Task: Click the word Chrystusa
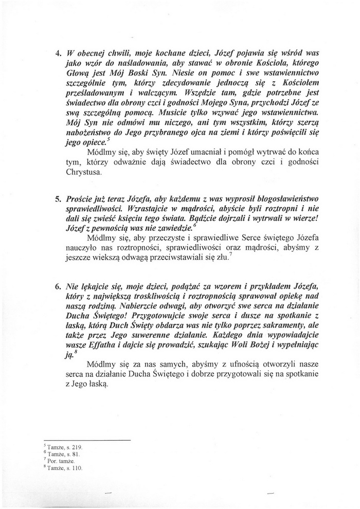tap(83, 172)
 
